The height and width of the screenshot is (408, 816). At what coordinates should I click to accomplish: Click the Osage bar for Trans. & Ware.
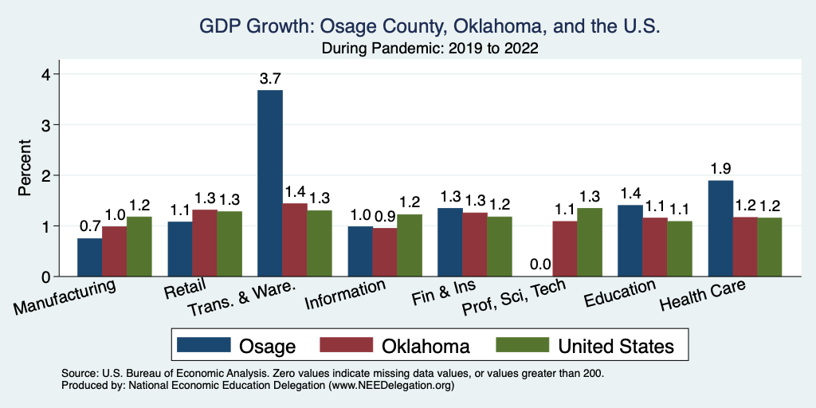[x=270, y=183]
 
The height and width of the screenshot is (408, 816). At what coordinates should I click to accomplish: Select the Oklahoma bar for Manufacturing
[x=114, y=251]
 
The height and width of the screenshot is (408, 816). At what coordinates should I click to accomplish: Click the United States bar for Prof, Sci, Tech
[x=590, y=242]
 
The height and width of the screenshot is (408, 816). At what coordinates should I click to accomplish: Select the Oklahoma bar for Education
[x=655, y=247]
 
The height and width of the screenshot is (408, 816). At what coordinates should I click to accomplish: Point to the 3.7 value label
[x=270, y=78]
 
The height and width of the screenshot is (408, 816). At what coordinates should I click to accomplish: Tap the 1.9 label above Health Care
[x=720, y=168]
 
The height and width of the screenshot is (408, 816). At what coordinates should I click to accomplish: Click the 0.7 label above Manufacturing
[x=89, y=226]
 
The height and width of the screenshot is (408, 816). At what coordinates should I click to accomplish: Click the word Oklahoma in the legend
[x=425, y=346]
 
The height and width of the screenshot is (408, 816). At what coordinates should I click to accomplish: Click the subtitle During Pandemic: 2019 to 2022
[x=430, y=49]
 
